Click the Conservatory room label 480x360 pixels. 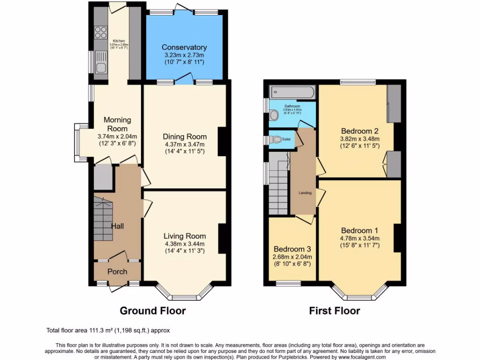[184, 47]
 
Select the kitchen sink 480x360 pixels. [100, 67]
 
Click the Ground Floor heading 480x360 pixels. [153, 311]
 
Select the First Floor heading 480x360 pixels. [334, 311]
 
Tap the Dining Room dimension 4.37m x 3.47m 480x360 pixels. [184, 144]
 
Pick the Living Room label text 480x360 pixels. [184, 236]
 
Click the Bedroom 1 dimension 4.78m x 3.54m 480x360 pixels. [360, 238]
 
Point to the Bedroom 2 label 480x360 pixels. [360, 131]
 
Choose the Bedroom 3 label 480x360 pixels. [292, 249]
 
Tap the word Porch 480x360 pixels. [117, 271]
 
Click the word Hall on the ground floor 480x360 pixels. [117, 226]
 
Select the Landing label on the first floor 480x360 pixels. [305, 193]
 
